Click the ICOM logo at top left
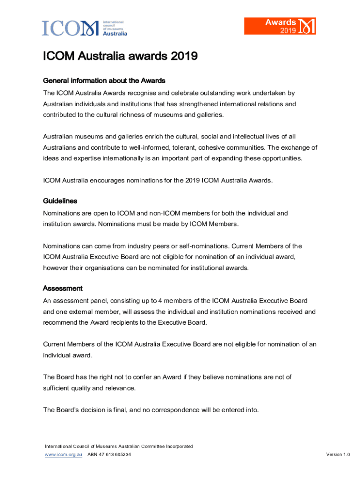coord(84,28)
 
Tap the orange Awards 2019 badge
coord(280,26)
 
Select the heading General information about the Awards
coord(104,80)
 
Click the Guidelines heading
coord(60,201)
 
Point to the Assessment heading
coord(63,288)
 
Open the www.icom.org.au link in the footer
coord(64,455)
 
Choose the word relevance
coord(120,388)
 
